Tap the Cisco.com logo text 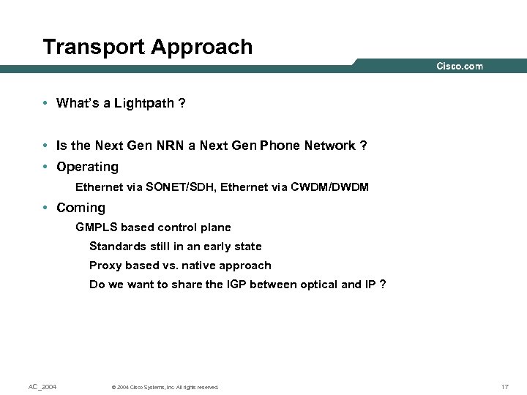460,67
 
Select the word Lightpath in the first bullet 145,103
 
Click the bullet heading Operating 87,167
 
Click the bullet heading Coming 81,208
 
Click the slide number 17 504,386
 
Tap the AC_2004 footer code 42,386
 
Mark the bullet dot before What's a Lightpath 46,104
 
